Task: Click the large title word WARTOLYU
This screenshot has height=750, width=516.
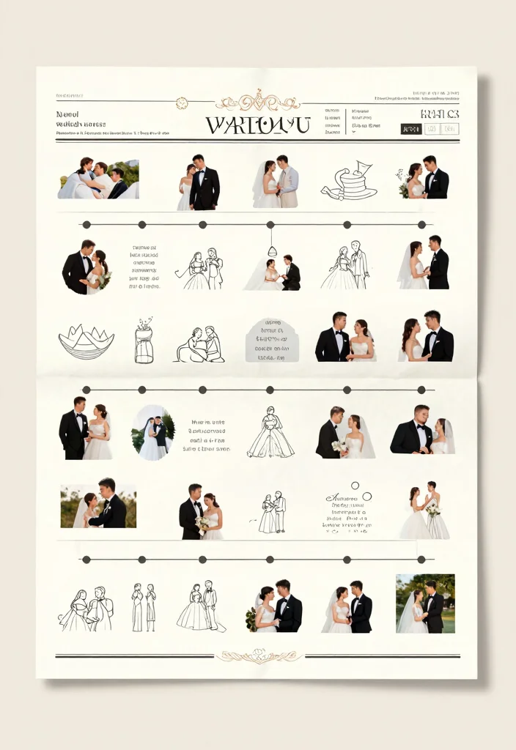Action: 258,125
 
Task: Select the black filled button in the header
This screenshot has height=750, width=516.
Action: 411,129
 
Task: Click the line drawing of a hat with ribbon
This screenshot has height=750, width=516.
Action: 349,182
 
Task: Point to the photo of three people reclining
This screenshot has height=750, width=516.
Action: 98,179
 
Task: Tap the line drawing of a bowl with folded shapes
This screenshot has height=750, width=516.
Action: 86,342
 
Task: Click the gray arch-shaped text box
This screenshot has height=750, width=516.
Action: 272,340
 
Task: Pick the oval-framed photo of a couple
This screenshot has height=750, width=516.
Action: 153,432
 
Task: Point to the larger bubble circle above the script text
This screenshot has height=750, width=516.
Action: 355,485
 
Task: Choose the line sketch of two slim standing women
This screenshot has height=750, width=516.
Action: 144,607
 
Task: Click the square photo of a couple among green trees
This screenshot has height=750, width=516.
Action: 425,603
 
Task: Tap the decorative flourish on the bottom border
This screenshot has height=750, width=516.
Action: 258,656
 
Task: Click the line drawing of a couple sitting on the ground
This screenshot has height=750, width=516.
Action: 200,344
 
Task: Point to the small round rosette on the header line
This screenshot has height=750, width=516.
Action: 182,103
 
